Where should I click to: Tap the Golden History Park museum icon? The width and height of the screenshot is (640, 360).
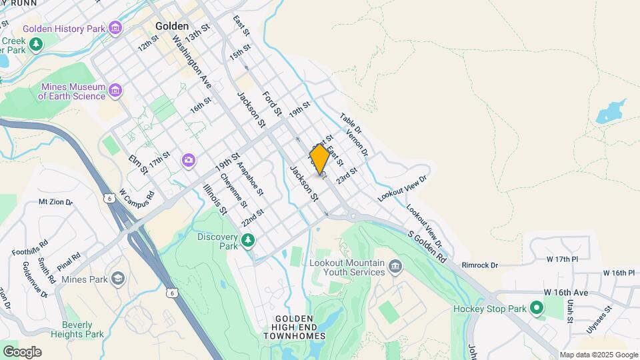116,29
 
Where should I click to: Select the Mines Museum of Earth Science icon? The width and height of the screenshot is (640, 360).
116,90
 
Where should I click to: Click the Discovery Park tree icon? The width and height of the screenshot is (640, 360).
248,239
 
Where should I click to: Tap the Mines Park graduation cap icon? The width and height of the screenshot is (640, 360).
118,278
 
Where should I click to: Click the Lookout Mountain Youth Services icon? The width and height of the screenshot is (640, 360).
396,268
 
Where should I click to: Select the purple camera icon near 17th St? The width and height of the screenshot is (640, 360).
189,161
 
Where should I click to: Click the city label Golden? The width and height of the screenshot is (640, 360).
172,26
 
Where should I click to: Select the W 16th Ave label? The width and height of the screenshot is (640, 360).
566,293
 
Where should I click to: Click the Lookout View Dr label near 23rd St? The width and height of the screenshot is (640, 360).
401,187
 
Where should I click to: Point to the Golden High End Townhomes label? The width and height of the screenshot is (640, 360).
299,327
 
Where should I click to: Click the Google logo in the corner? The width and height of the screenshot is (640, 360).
22,351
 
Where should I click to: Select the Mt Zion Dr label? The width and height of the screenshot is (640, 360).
55,201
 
